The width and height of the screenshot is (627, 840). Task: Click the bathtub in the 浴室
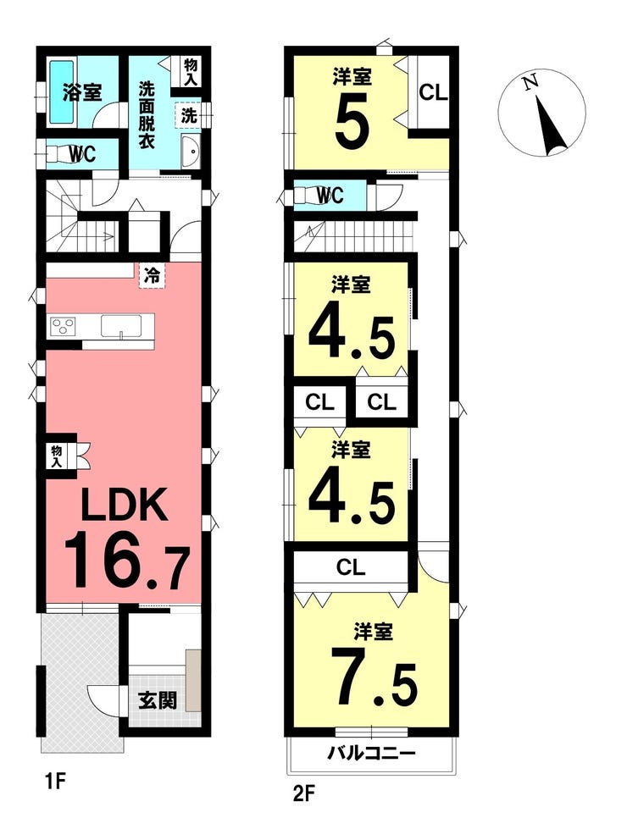(x=62, y=92)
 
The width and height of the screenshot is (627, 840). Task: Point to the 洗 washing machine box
(x=188, y=115)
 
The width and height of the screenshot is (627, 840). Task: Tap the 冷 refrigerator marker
(x=153, y=276)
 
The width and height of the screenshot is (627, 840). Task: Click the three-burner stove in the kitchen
(x=64, y=326)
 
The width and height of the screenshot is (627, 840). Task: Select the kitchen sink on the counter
(x=121, y=326)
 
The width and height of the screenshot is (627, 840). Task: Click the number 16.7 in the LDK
(x=127, y=560)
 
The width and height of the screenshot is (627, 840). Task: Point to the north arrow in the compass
(x=552, y=126)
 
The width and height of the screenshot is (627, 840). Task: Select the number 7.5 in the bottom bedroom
(x=374, y=676)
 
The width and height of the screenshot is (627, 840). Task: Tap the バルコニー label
(x=371, y=754)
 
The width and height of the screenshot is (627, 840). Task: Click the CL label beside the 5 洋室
(x=433, y=92)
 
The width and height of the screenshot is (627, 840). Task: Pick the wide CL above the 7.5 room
(x=351, y=566)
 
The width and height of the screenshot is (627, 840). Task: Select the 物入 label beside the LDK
(x=57, y=456)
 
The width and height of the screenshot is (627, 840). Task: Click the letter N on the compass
(x=530, y=82)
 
